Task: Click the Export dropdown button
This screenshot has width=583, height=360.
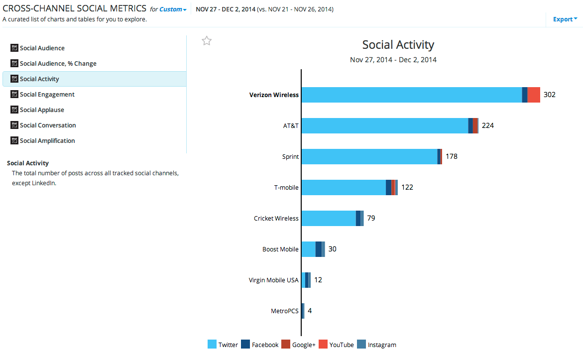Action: pos(565,19)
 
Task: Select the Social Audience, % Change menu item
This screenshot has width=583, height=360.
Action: pos(58,64)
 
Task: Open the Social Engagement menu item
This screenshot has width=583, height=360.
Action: pos(47,95)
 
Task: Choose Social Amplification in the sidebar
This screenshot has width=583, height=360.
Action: pos(47,141)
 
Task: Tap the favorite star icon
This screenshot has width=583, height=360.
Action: pos(207,41)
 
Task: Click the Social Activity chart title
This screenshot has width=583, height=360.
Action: pos(398,45)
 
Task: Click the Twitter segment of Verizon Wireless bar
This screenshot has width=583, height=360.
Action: pos(411,95)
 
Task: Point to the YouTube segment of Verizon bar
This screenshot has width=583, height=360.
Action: pos(534,95)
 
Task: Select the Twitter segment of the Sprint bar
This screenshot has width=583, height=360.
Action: pos(369,156)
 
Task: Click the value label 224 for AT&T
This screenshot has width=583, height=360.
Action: pos(488,125)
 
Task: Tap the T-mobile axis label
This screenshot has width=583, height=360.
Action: pos(286,188)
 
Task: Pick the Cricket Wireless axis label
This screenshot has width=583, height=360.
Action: pos(276,219)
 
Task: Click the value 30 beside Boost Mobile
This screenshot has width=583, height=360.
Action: pos(332,249)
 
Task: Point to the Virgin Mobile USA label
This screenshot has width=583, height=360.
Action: pos(274,280)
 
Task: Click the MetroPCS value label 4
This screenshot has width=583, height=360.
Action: pos(310,311)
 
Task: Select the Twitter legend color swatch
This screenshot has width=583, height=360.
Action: pos(212,345)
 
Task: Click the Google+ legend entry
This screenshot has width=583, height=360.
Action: pos(298,345)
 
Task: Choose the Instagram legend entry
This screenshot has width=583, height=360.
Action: pos(376,345)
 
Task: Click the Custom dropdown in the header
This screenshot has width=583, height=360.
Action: pos(173,9)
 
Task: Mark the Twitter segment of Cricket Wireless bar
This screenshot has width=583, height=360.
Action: pos(329,219)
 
